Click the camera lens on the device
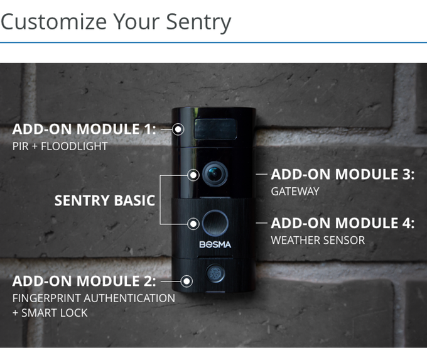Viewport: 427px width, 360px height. click(215, 174)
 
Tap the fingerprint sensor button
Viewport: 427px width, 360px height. click(215, 273)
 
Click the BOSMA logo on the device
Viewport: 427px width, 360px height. click(215, 244)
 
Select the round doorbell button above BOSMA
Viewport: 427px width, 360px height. click(215, 223)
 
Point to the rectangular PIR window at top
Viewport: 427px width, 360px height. click(215, 129)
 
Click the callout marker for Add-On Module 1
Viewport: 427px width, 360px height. click(178, 129)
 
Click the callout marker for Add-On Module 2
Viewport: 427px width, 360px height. click(187, 281)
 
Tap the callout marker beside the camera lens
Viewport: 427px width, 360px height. click(193, 175)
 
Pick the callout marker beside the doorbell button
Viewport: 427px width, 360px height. click(193, 224)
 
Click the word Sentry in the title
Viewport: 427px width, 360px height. click(198, 22)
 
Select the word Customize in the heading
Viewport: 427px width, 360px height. click(53, 21)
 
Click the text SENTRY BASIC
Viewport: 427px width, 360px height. click(105, 200)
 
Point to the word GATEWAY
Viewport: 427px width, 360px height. click(295, 192)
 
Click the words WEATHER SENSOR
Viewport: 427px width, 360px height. click(318, 240)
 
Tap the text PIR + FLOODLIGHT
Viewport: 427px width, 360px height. click(60, 146)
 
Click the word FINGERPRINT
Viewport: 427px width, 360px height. click(47, 298)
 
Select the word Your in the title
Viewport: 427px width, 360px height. click(136, 21)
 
